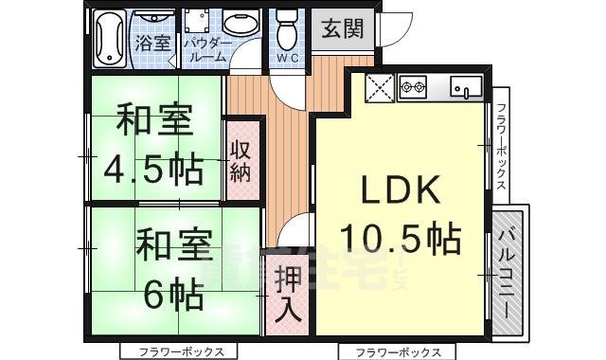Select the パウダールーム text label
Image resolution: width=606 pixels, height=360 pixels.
point(205,50)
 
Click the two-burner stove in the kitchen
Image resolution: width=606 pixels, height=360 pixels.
point(413,89)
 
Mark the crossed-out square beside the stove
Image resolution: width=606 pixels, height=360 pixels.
point(379,90)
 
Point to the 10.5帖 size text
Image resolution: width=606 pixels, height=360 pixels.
point(401,237)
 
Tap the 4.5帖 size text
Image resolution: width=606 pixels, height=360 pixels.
point(155,169)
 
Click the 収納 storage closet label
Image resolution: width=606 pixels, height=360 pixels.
point(241,160)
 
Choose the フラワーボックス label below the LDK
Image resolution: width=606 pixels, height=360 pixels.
point(390,351)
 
